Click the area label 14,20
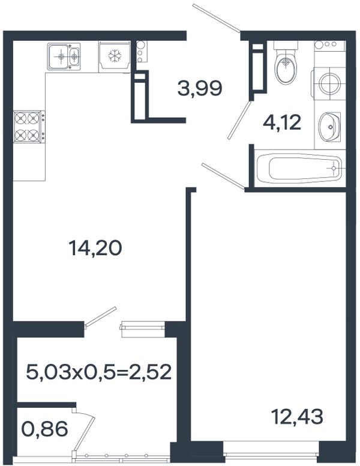(95, 248)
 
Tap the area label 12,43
(298, 416)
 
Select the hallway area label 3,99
(200, 88)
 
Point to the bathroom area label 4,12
(282, 123)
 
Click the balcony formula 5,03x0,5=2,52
(99, 372)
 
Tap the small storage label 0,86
(45, 429)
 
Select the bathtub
(299, 169)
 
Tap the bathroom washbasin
(329, 127)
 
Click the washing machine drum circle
(329, 83)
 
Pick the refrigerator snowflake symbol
(115, 56)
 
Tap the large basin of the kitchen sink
(59, 56)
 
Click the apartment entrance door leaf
(216, 17)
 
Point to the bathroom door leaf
(239, 120)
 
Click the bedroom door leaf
(223, 175)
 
